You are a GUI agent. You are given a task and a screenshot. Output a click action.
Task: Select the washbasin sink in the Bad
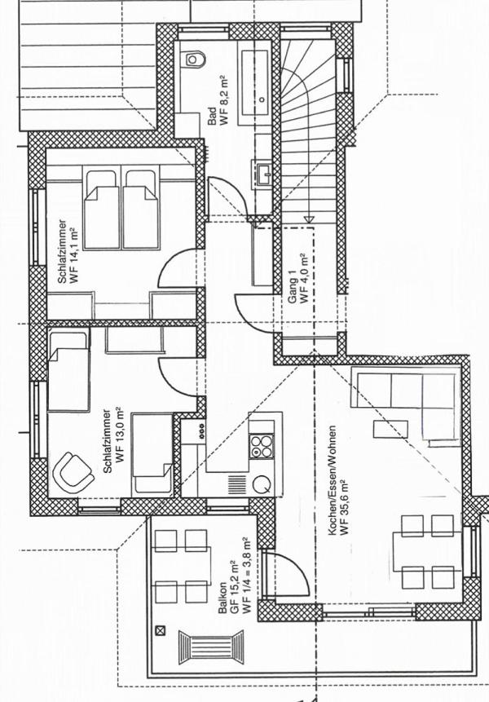pos(264,172)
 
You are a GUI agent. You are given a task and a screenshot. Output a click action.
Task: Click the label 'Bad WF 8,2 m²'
pos(218,101)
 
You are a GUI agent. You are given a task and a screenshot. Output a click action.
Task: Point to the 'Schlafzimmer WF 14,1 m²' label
pos(68,251)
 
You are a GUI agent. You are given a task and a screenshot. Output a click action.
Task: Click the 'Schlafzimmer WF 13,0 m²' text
pos(112,440)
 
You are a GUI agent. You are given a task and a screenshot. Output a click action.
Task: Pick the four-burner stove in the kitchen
pos(262,446)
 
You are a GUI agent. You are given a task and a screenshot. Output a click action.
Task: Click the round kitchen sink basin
pos(262,484)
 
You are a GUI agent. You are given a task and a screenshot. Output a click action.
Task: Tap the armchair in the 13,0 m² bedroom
pos(73,473)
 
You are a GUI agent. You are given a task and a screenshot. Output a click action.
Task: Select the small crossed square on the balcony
pos(160,631)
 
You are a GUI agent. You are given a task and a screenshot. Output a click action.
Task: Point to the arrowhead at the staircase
pos(309,219)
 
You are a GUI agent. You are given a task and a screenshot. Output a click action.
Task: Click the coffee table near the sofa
pos(390,429)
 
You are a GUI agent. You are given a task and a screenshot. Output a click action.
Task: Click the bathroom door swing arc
pos(228,197)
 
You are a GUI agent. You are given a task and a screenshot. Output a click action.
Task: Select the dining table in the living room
pos(428,551)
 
